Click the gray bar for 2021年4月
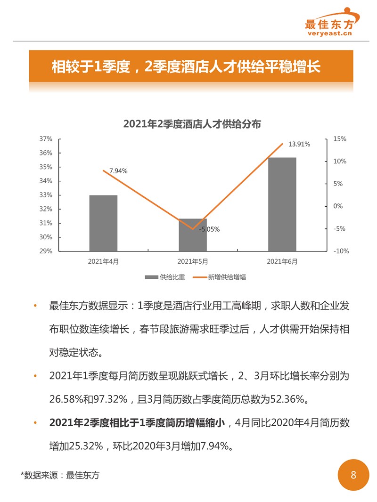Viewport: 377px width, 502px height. click(103, 223)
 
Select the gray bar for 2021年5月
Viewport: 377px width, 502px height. click(192, 235)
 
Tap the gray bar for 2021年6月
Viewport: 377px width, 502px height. click(282, 204)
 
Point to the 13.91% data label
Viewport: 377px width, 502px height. click(299, 144)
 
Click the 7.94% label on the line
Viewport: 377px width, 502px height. click(118, 171)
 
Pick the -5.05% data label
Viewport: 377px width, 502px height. click(209, 229)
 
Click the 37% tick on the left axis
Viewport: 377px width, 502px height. click(46, 139)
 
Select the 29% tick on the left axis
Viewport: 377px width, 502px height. click(46, 251)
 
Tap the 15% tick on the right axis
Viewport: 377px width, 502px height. click(340, 139)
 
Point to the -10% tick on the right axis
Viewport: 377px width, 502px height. click(341, 251)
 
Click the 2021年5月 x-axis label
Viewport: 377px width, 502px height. click(192, 261)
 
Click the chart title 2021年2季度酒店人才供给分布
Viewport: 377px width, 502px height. click(192, 124)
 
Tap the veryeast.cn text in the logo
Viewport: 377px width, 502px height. click(330, 33)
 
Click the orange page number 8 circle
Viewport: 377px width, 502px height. click(353, 475)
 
